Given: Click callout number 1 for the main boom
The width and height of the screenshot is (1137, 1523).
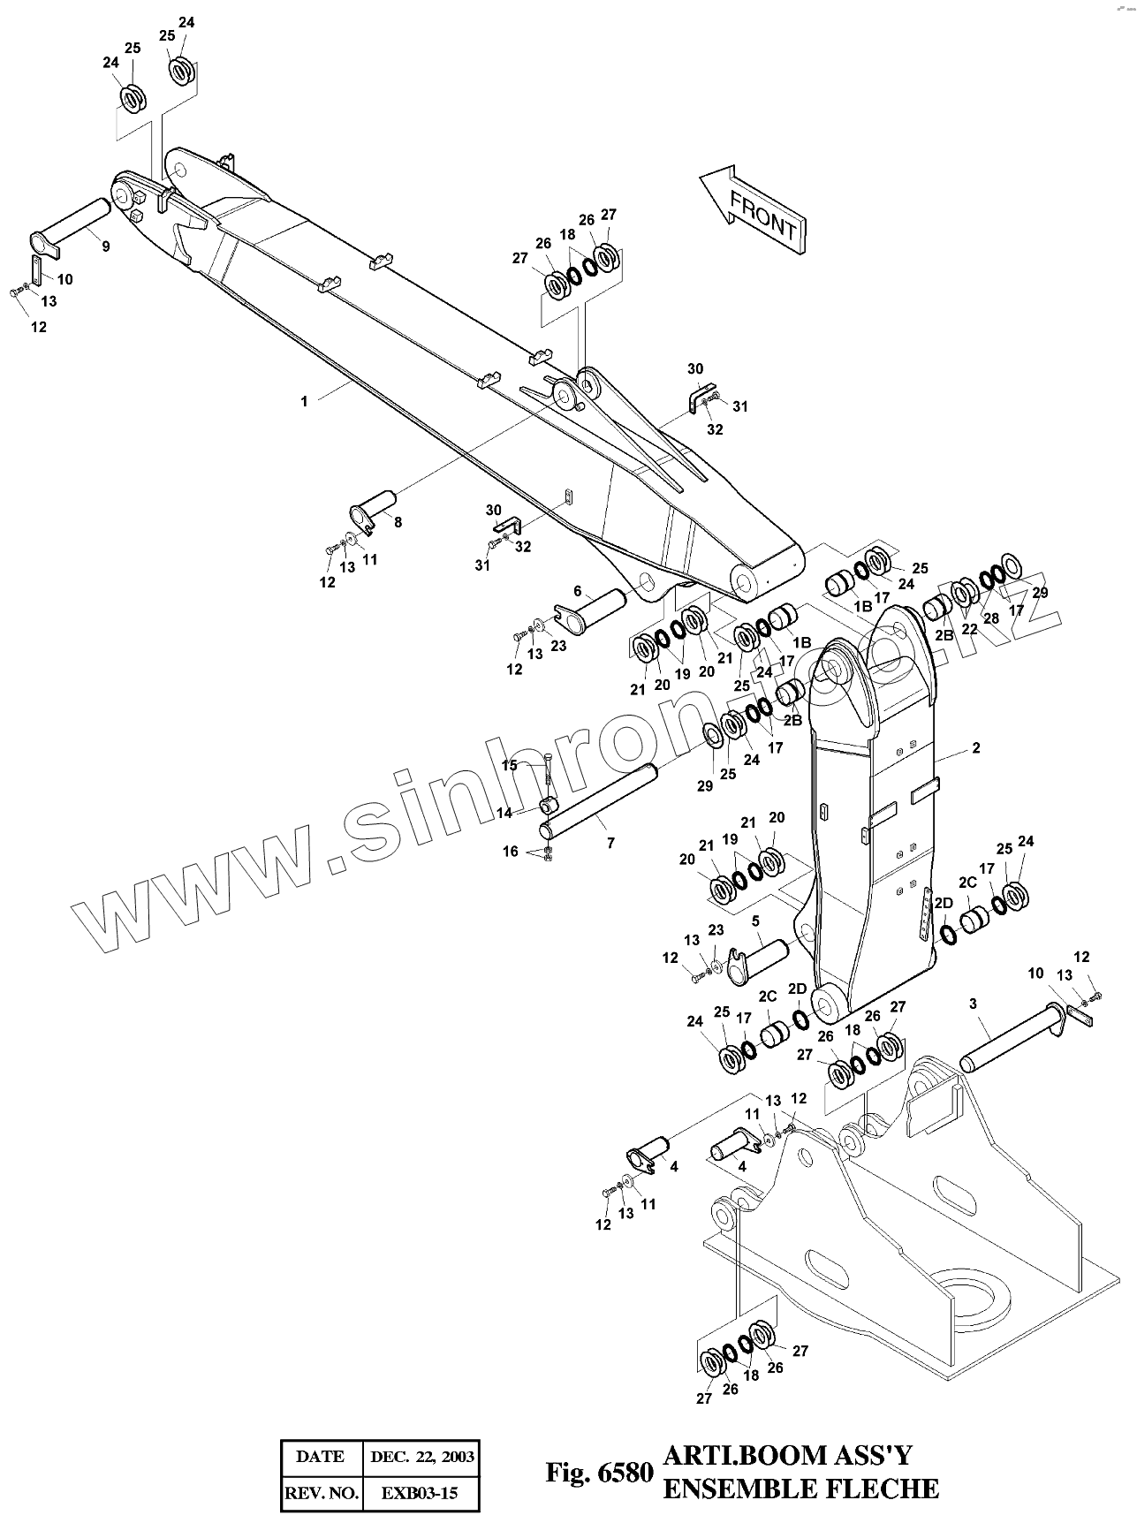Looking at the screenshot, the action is pyautogui.click(x=304, y=401).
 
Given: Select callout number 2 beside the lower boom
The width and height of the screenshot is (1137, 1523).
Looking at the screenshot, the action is pyautogui.click(x=976, y=748).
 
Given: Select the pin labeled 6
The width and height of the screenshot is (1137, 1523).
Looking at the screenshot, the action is pyautogui.click(x=597, y=610).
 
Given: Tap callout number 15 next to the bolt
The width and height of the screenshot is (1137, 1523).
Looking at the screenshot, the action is pyautogui.click(x=510, y=765).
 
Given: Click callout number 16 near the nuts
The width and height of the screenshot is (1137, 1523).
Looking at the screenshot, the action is pyautogui.click(x=511, y=852).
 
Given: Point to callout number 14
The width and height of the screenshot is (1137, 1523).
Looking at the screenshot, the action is pyautogui.click(x=504, y=813).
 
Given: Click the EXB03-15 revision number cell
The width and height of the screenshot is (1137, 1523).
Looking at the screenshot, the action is pyautogui.click(x=420, y=1494).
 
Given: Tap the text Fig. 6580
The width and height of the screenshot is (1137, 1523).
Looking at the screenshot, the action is pyautogui.click(x=599, y=1473).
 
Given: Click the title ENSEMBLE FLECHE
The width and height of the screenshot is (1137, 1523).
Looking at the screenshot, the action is pyautogui.click(x=800, y=1489).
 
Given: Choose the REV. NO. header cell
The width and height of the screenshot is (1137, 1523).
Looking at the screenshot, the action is pyautogui.click(x=321, y=1494).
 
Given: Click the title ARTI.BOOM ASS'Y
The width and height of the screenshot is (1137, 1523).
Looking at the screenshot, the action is pyautogui.click(x=787, y=1455).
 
